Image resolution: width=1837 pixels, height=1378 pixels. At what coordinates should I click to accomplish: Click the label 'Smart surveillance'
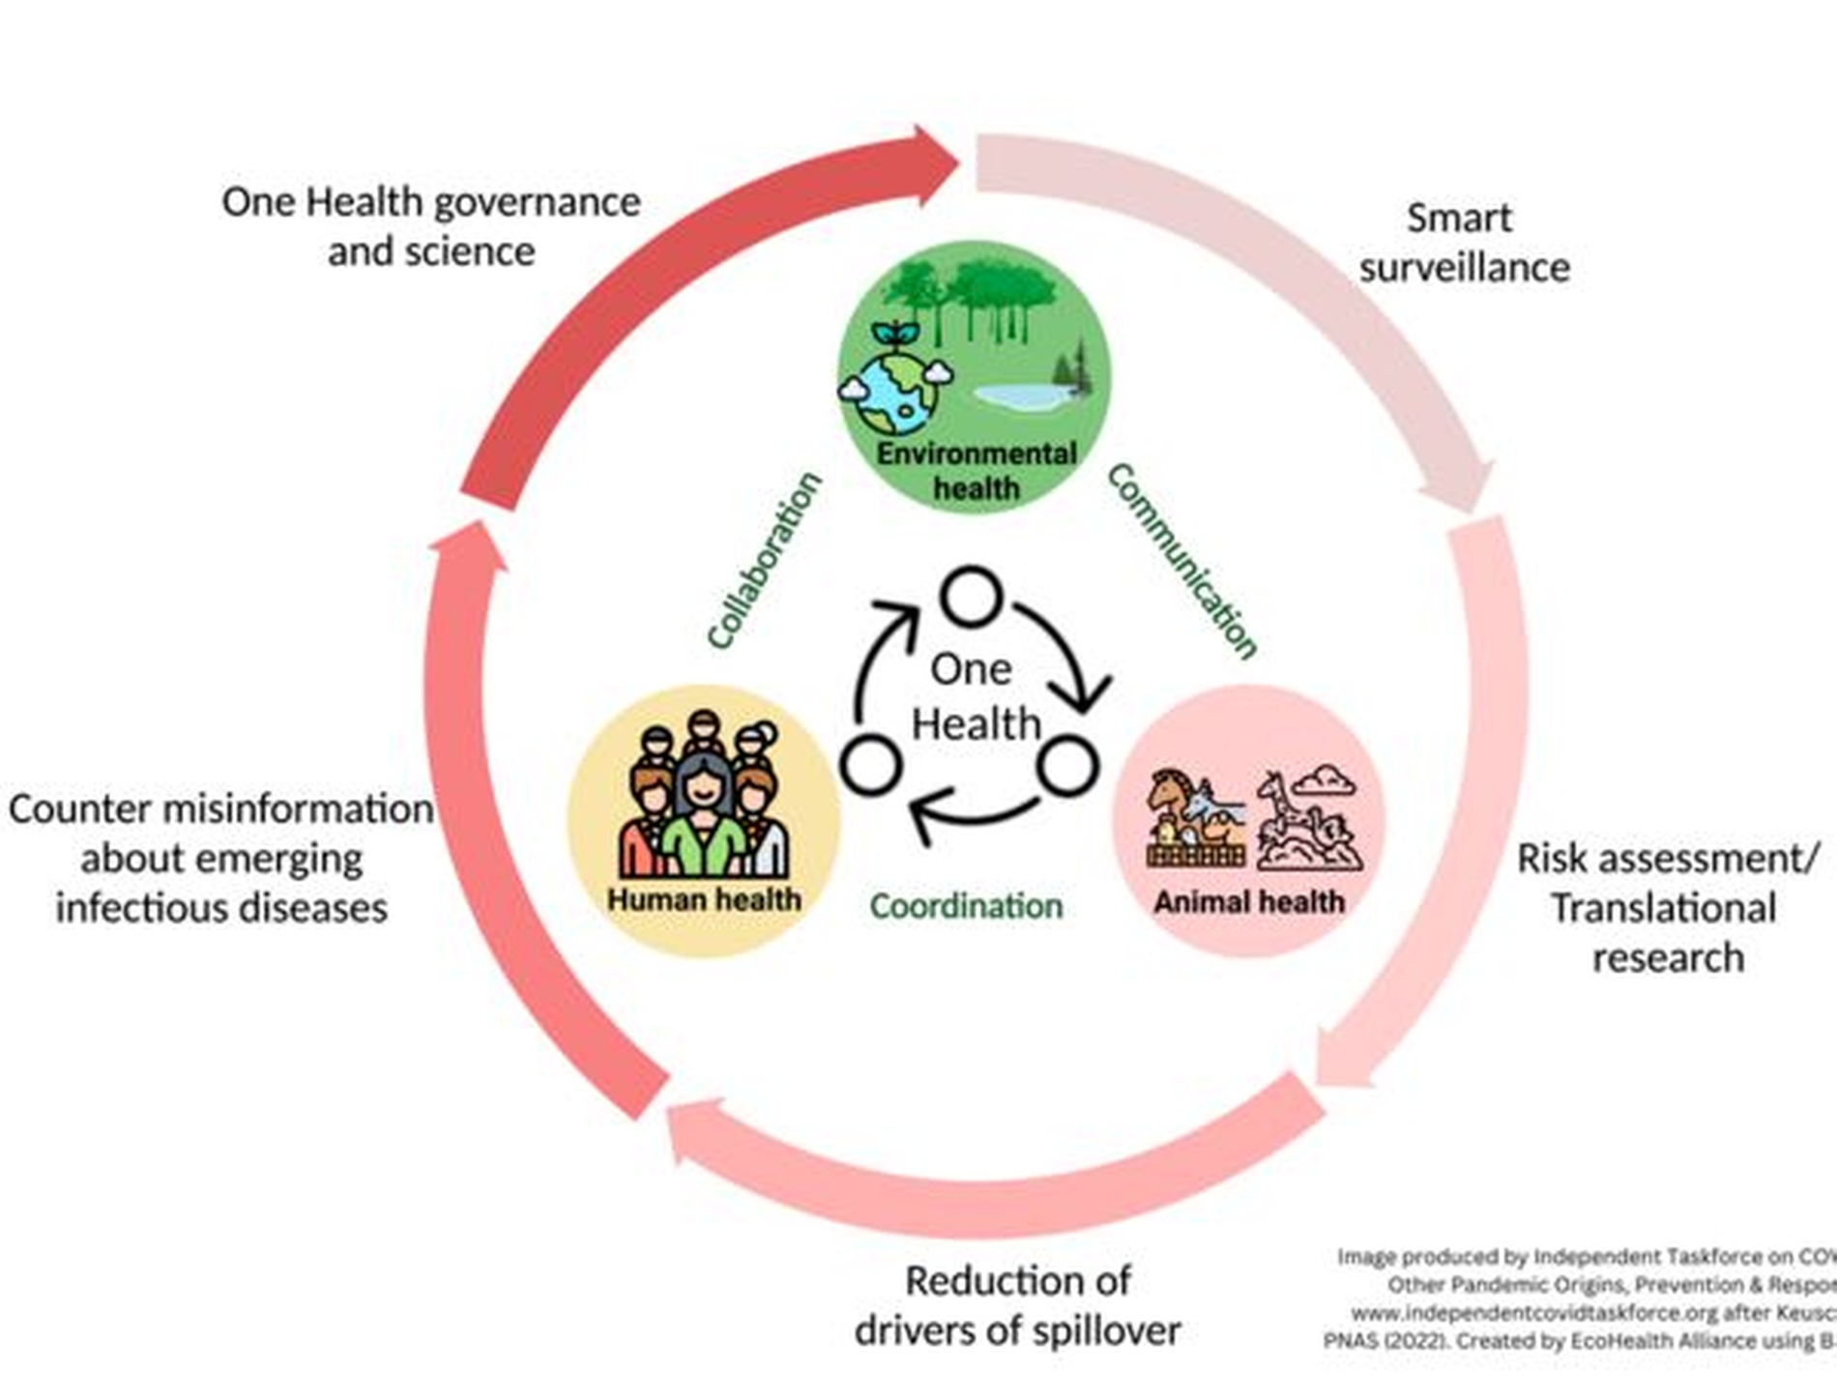[x=1463, y=243]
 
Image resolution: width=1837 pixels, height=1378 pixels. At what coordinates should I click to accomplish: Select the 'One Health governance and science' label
[x=431, y=226]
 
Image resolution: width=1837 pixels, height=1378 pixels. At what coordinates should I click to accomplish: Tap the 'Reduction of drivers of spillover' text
[x=1017, y=1305]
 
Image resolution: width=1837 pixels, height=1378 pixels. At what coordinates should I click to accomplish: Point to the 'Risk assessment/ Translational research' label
[x=1667, y=907]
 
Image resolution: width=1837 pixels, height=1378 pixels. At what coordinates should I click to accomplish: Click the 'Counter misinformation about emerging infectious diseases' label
[x=221, y=858]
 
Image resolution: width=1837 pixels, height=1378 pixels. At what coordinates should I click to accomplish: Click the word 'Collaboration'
[x=764, y=561]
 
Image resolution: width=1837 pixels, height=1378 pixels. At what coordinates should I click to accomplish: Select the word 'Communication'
[x=1181, y=561]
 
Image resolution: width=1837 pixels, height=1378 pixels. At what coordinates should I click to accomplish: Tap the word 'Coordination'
[x=966, y=906]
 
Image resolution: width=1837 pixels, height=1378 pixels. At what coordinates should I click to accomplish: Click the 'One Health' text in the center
[x=975, y=696]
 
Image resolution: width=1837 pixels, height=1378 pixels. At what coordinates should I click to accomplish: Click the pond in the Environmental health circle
[x=1020, y=395]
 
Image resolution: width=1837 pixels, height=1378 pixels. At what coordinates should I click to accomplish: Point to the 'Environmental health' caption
[x=977, y=471]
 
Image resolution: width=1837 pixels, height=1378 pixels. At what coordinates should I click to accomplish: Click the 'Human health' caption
[x=704, y=899]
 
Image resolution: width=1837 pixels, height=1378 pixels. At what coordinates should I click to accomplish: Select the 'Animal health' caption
[x=1249, y=901]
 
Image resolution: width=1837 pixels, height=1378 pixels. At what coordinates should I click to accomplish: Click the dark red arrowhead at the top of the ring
[x=933, y=164]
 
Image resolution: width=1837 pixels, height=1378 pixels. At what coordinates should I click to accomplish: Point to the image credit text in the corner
[x=1586, y=1299]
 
